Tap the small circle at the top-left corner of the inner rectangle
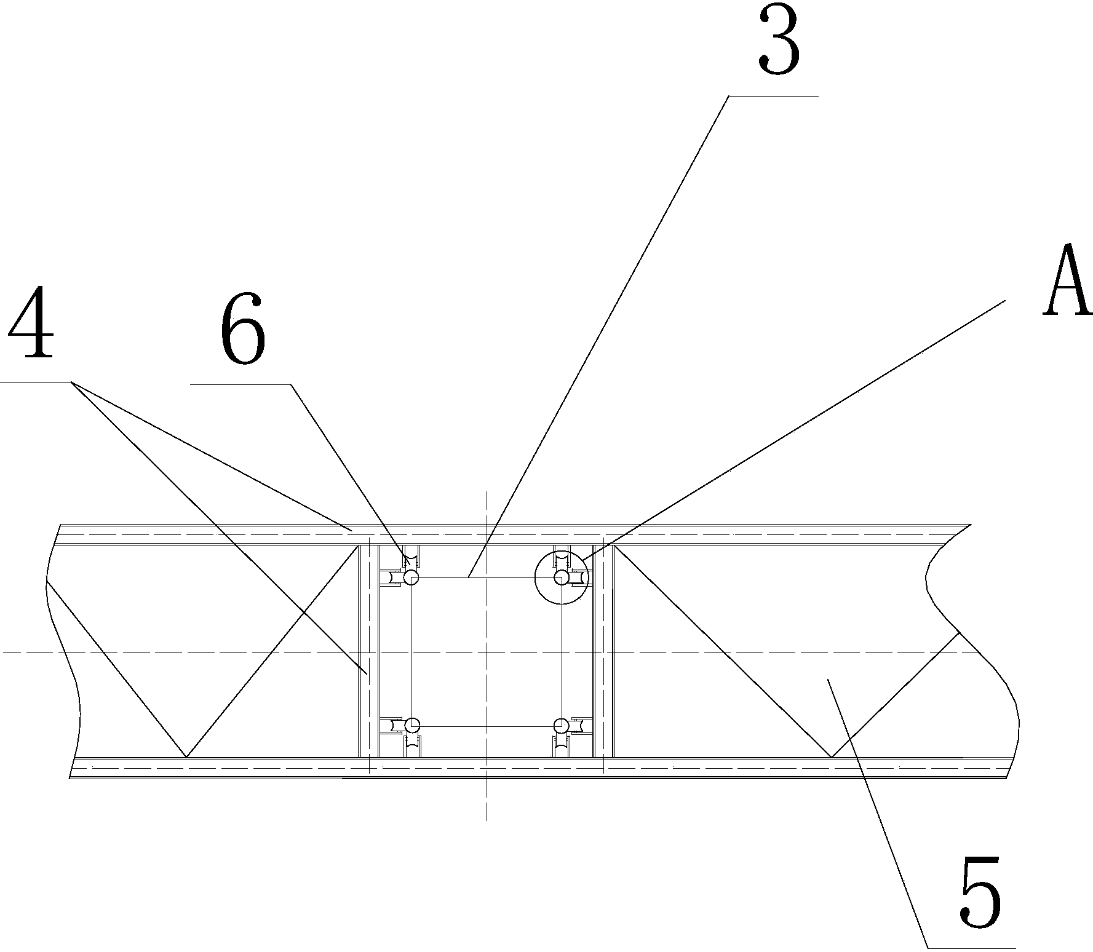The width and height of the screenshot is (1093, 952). click(411, 577)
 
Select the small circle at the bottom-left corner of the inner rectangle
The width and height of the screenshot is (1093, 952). click(411, 725)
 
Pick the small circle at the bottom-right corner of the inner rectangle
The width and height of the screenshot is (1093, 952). click(561, 726)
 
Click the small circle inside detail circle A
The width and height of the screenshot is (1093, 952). click(561, 577)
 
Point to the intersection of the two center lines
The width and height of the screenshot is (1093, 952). click(486, 651)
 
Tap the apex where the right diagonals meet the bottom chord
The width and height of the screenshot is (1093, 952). click(830, 756)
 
